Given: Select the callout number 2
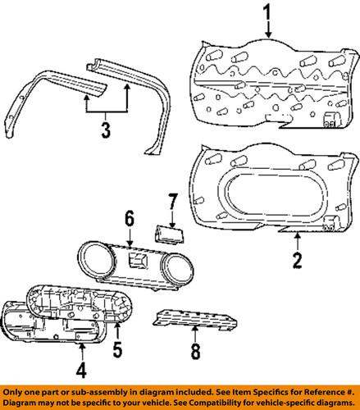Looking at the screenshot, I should pos(298,262).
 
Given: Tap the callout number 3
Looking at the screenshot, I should pos(103,129).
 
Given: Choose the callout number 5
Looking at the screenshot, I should pos(117,353).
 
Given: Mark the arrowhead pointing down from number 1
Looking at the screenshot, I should pos(267,37).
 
